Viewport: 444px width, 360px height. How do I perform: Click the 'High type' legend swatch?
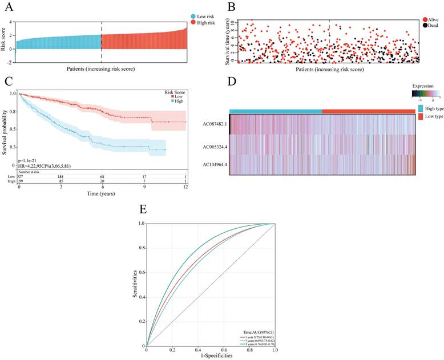tap(421, 108)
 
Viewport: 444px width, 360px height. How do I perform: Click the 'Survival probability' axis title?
tap(5, 129)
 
